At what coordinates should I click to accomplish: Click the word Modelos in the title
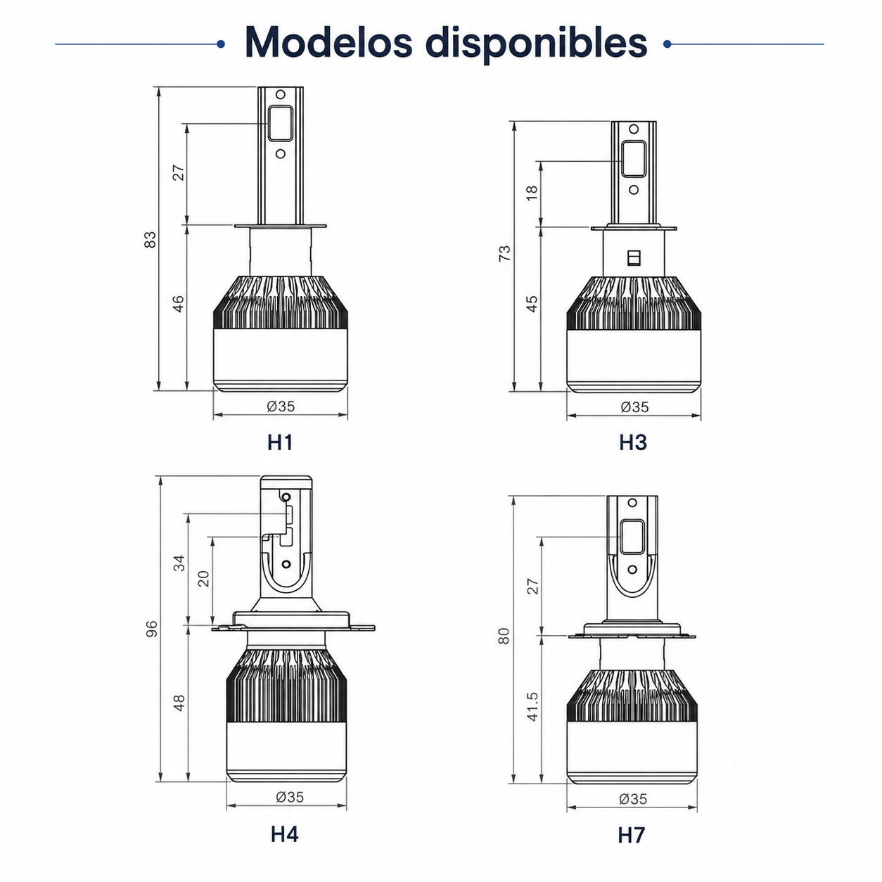tap(328, 42)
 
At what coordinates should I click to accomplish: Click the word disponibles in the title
tap(537, 44)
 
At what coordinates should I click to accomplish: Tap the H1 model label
tap(280, 442)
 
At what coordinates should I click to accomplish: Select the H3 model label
tap(633, 442)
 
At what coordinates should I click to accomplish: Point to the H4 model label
tap(284, 834)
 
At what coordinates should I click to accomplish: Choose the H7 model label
tap(632, 836)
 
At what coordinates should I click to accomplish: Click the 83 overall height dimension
tap(150, 240)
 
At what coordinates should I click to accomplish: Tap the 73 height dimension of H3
tap(504, 253)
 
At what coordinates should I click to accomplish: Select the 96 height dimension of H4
tap(151, 629)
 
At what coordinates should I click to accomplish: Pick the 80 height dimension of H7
tap(504, 637)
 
